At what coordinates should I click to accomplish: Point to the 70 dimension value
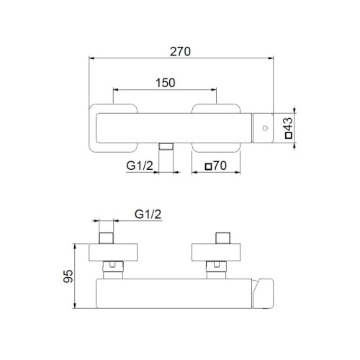[x=220, y=167]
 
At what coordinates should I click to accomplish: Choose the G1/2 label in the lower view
[x=148, y=214]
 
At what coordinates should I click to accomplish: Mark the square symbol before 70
[x=209, y=167]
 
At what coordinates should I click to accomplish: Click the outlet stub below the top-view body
[x=166, y=147]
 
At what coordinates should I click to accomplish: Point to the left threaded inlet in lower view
[x=107, y=238]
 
